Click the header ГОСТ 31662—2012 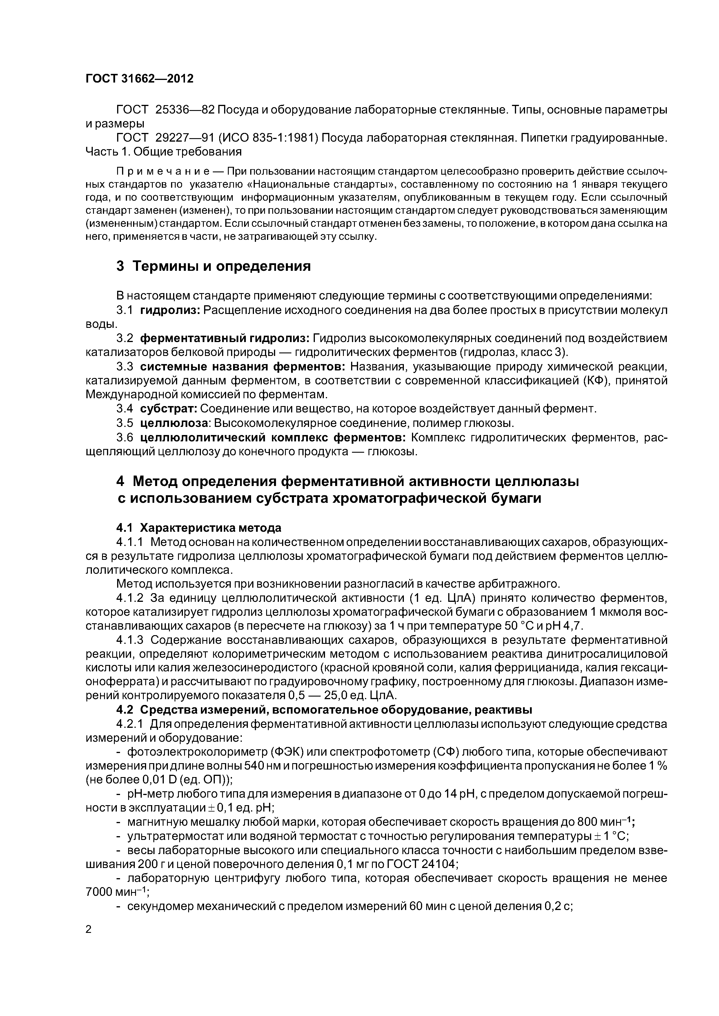139,79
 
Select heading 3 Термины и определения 214,266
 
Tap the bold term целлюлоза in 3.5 174,423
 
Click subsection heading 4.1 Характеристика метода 199,528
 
